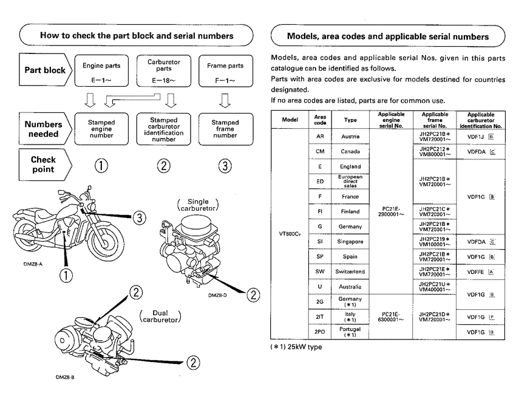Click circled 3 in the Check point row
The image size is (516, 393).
[x=225, y=165]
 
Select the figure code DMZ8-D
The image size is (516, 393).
[x=217, y=295]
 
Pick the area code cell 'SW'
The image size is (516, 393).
[x=319, y=272]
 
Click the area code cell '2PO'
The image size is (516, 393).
[x=319, y=332]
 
